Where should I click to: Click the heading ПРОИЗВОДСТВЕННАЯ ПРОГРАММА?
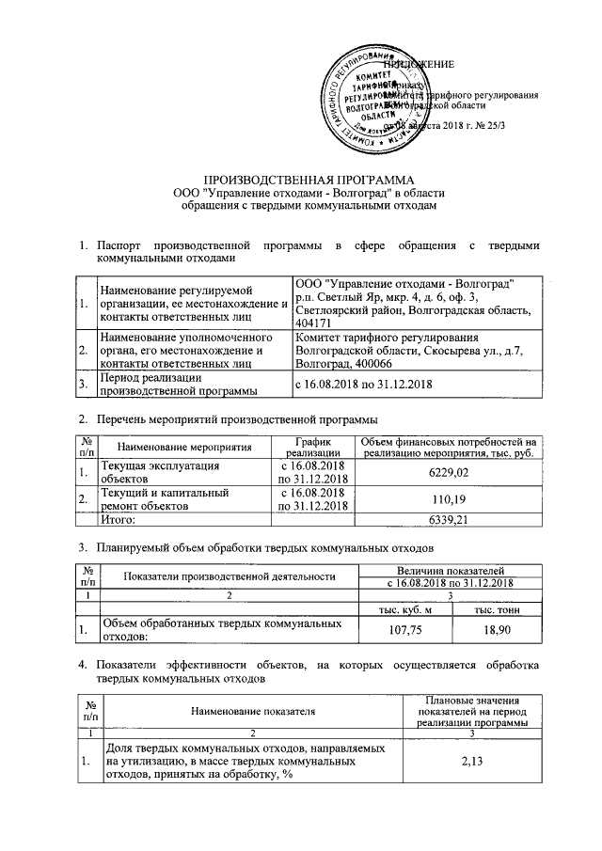tap(309, 179)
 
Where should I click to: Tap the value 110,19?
tap(448, 498)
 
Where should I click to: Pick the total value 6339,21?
tap(448, 518)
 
